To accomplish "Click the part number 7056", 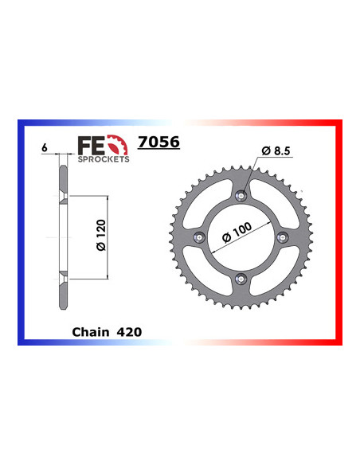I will click(158, 143).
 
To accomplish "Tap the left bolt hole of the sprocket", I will click(204, 236).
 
